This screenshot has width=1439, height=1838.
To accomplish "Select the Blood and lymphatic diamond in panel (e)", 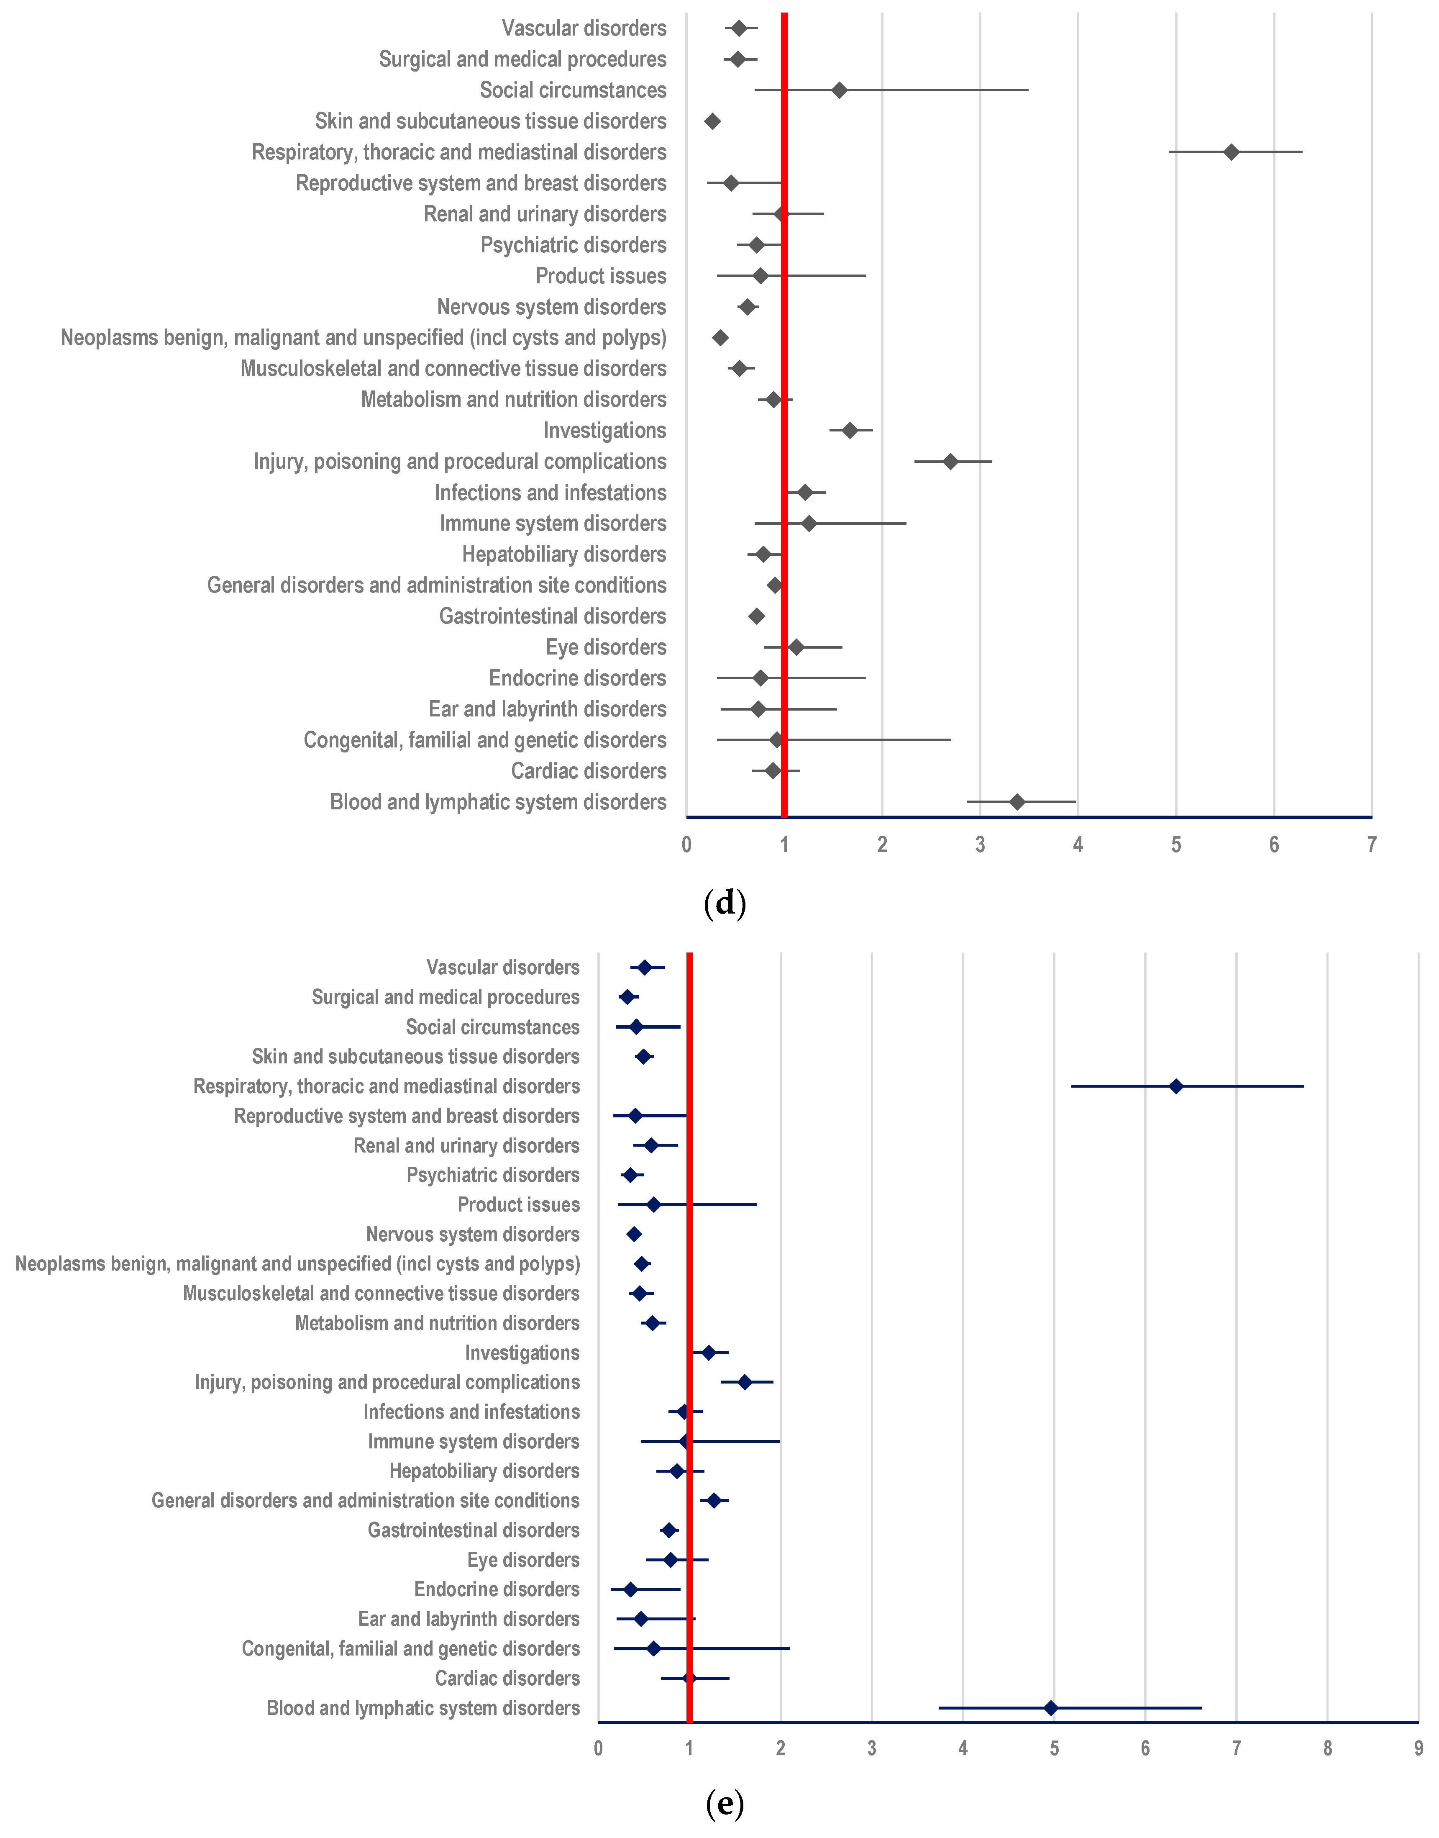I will (x=1051, y=1708).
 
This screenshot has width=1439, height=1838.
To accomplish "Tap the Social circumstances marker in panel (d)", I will (x=839, y=90).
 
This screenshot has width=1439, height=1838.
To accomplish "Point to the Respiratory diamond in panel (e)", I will (x=1176, y=1086).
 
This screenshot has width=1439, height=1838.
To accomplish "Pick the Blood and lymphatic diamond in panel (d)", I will (x=1017, y=801).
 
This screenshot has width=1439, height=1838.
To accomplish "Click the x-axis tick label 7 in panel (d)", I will (x=1372, y=845).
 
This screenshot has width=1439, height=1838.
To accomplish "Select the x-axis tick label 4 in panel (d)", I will (x=1078, y=845).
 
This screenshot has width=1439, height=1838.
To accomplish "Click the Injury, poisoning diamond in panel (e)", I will (x=745, y=1382).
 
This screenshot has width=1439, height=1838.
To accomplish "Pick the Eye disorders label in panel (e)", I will (x=523, y=1560).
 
